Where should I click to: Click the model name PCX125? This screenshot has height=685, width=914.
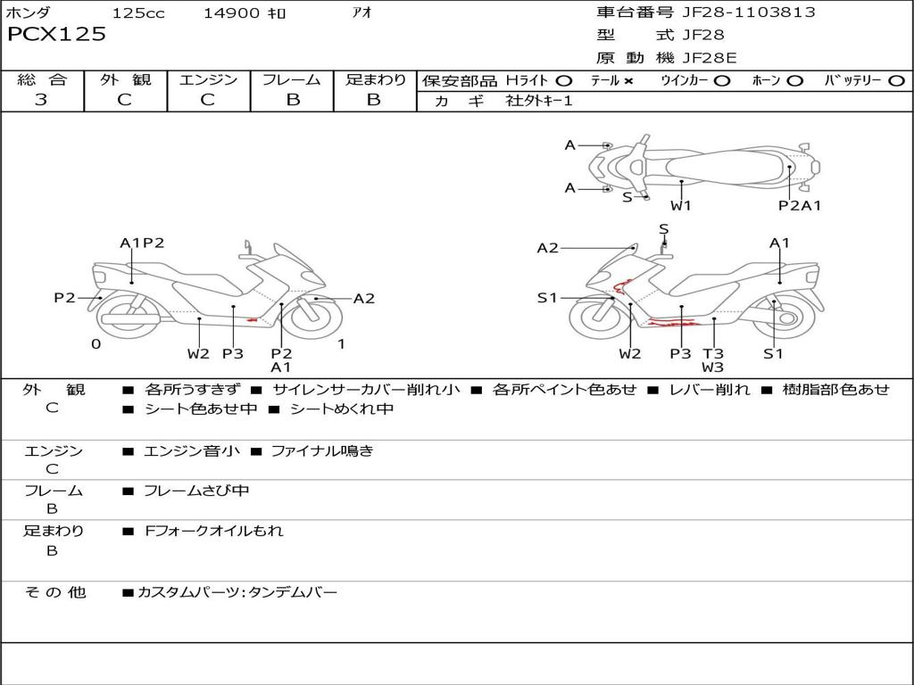pyautogui.click(x=57, y=35)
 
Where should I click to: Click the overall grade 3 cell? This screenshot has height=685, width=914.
pyautogui.click(x=41, y=100)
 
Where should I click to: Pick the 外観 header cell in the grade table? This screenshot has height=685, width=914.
pyautogui.click(x=125, y=80)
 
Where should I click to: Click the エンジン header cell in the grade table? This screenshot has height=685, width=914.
pyautogui.click(x=209, y=80)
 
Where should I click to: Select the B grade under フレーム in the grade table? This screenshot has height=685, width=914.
pyautogui.click(x=293, y=100)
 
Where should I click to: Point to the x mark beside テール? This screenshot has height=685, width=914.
pyautogui.click(x=628, y=81)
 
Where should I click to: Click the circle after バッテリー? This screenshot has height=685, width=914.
pyautogui.click(x=896, y=81)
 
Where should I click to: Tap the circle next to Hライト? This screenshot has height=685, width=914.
pyautogui.click(x=564, y=81)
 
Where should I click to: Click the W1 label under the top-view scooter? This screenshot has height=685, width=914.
pyautogui.click(x=681, y=205)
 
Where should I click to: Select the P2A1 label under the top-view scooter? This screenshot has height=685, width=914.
pyautogui.click(x=800, y=205)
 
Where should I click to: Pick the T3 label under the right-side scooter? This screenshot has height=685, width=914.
pyautogui.click(x=713, y=354)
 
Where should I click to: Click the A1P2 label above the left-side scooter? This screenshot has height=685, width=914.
pyautogui.click(x=143, y=243)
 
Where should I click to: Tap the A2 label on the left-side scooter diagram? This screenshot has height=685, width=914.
pyautogui.click(x=364, y=299)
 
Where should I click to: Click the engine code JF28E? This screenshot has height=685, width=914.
pyautogui.click(x=710, y=58)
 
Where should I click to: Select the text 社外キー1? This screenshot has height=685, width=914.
pyautogui.click(x=540, y=101)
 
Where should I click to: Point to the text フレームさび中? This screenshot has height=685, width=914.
pyautogui.click(x=196, y=491)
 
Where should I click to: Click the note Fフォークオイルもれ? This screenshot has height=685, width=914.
pyautogui.click(x=214, y=531)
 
